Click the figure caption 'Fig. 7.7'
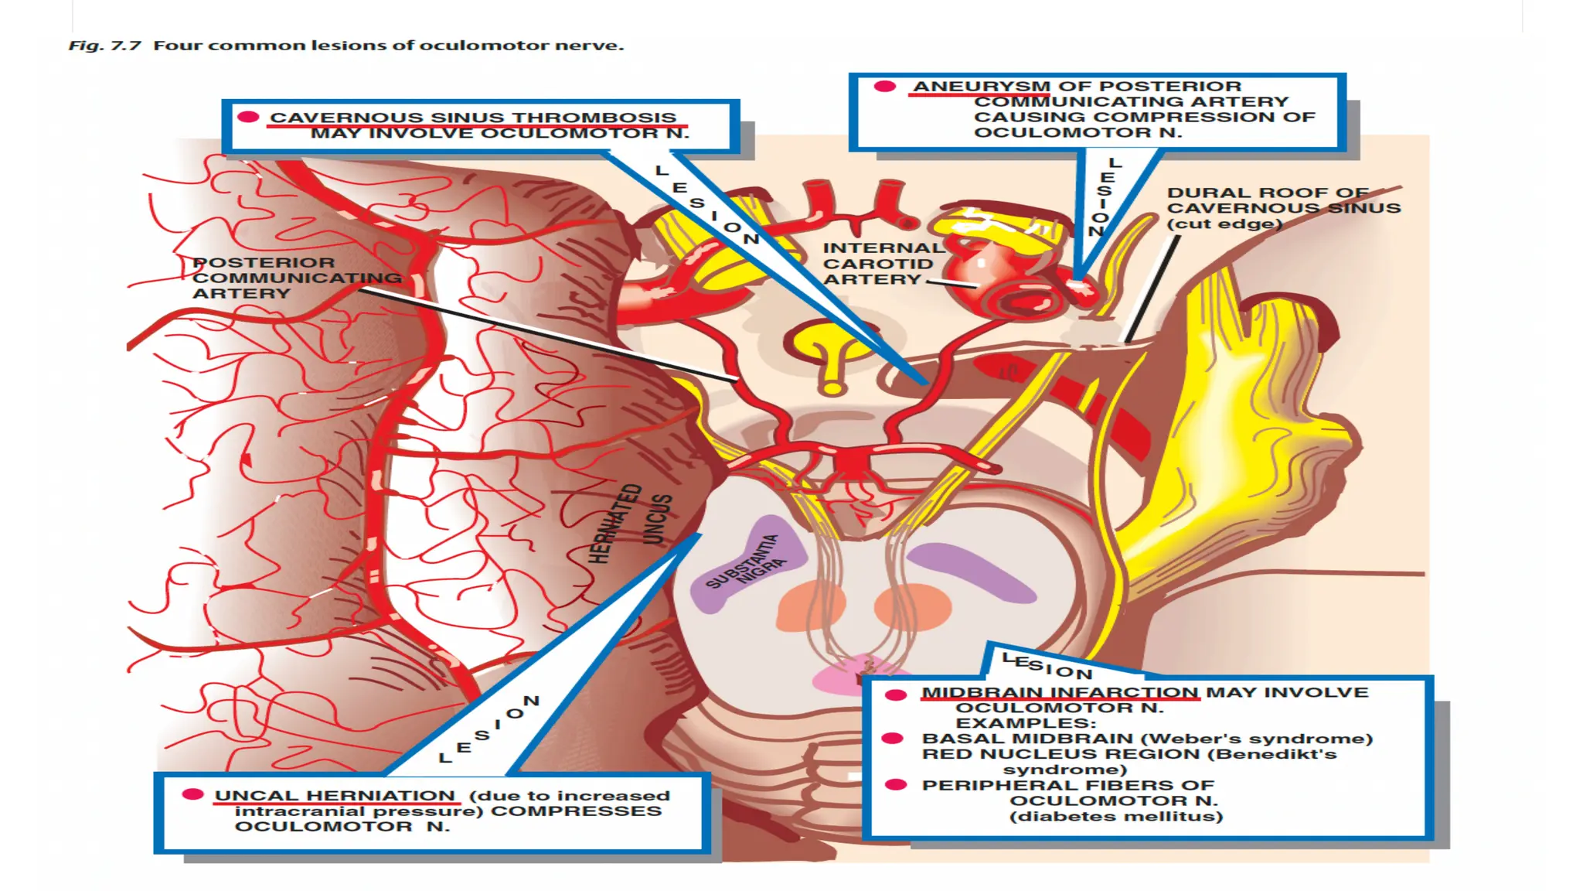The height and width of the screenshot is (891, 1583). tap(104, 46)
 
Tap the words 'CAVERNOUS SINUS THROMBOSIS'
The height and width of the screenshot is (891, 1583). tap(472, 118)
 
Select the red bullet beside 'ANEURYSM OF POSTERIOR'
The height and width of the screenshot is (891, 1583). tap(884, 87)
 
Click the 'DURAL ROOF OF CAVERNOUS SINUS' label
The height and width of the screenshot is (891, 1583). tap(1283, 208)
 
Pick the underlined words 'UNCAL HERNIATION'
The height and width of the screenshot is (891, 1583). tap(335, 796)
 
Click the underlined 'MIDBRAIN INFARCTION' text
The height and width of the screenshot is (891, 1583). tap(1060, 692)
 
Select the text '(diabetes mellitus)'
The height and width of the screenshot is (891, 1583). tap(1116, 817)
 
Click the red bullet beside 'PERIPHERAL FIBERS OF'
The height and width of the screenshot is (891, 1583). tap(895, 785)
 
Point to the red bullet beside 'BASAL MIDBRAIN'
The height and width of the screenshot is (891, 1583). tap(893, 739)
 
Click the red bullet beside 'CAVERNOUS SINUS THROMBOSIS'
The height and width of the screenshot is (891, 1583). tap(248, 117)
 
